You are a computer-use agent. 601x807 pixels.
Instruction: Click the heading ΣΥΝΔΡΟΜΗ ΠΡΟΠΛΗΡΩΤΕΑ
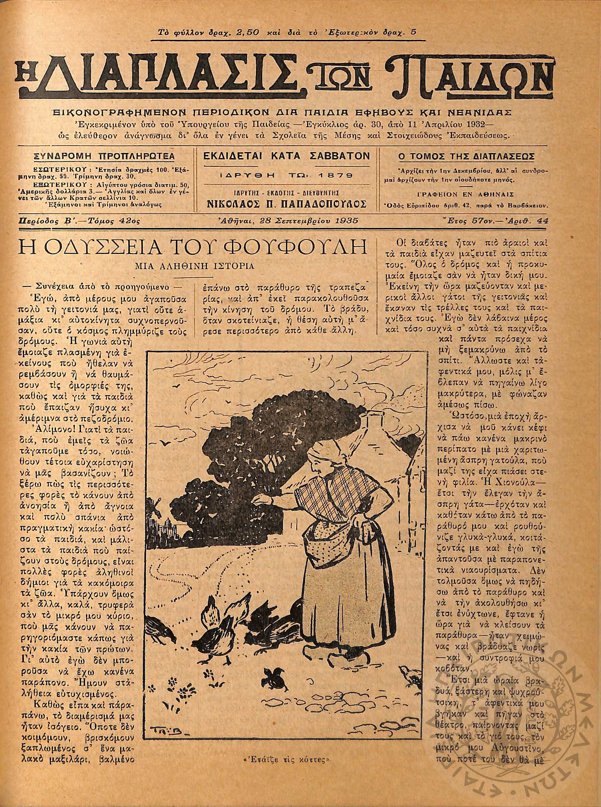coord(103,157)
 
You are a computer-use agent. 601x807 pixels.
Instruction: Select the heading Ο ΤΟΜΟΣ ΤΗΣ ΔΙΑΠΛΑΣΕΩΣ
coord(466,157)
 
